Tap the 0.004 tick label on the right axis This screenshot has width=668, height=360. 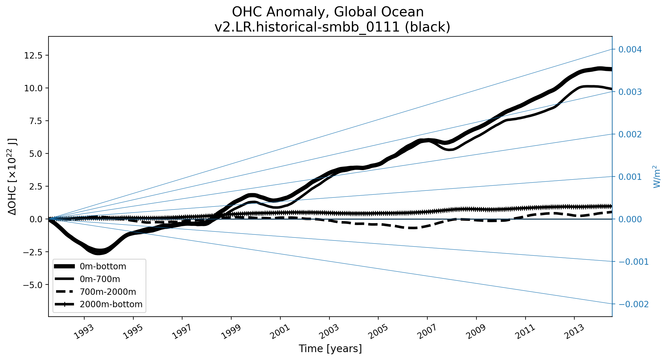coord(630,49)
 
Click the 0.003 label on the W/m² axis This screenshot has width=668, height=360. coord(630,92)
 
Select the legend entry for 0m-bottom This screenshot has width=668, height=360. coord(103,266)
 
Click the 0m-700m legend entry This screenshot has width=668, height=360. coord(100,279)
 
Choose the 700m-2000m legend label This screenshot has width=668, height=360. coord(108,292)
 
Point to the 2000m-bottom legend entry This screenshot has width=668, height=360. coord(111,304)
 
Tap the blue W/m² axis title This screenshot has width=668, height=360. coord(656,177)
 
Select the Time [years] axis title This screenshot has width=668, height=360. coord(330,349)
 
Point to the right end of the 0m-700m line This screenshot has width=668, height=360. coord(611,89)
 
